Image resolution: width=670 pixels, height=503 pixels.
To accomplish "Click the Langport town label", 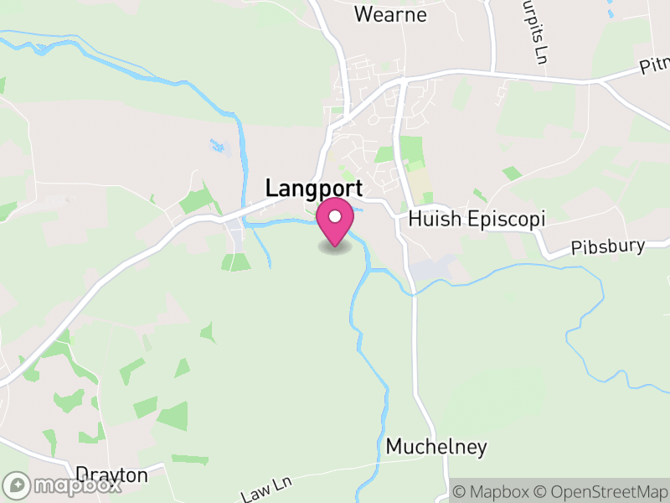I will pyautogui.click(x=314, y=189).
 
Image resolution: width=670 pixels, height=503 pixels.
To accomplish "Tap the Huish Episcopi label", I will pyautogui.click(x=477, y=220).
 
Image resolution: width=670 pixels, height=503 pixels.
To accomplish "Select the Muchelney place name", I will pyautogui.click(x=436, y=448).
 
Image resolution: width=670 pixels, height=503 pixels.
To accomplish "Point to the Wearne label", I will pyautogui.click(x=390, y=14).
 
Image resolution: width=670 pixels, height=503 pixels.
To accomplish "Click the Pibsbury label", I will pyautogui.click(x=609, y=246).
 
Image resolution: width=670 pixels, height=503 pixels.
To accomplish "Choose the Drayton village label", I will pyautogui.click(x=111, y=475).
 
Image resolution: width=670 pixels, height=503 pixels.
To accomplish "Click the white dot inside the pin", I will pyautogui.click(x=335, y=217).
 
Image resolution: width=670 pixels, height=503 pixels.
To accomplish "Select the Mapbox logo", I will pyautogui.click(x=62, y=485).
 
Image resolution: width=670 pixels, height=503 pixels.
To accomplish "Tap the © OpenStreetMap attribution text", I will pyautogui.click(x=600, y=491).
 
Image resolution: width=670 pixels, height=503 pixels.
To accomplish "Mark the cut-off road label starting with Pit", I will pyautogui.click(x=655, y=65).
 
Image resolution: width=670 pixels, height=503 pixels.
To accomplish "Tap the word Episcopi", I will pyautogui.click(x=505, y=220).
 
